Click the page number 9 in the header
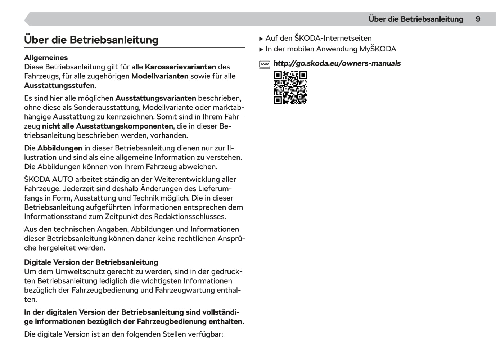tap(478, 19)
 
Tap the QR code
tap(290, 88)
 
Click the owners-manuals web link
tap(337, 63)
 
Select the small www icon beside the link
tap(265, 64)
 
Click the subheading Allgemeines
tap(46, 58)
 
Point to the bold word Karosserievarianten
tap(180, 67)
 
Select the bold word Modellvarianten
tap(160, 76)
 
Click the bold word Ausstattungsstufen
tap(59, 86)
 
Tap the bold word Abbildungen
tap(60, 148)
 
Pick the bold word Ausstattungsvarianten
tap(155, 98)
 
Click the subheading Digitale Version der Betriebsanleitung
tap(91, 262)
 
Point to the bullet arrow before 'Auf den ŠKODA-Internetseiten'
tap(261, 39)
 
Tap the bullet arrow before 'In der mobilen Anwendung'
tap(261, 49)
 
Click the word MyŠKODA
tap(378, 49)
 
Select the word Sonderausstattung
tap(107, 108)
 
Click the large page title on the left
tap(91, 40)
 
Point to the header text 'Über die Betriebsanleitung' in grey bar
tap(415, 19)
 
